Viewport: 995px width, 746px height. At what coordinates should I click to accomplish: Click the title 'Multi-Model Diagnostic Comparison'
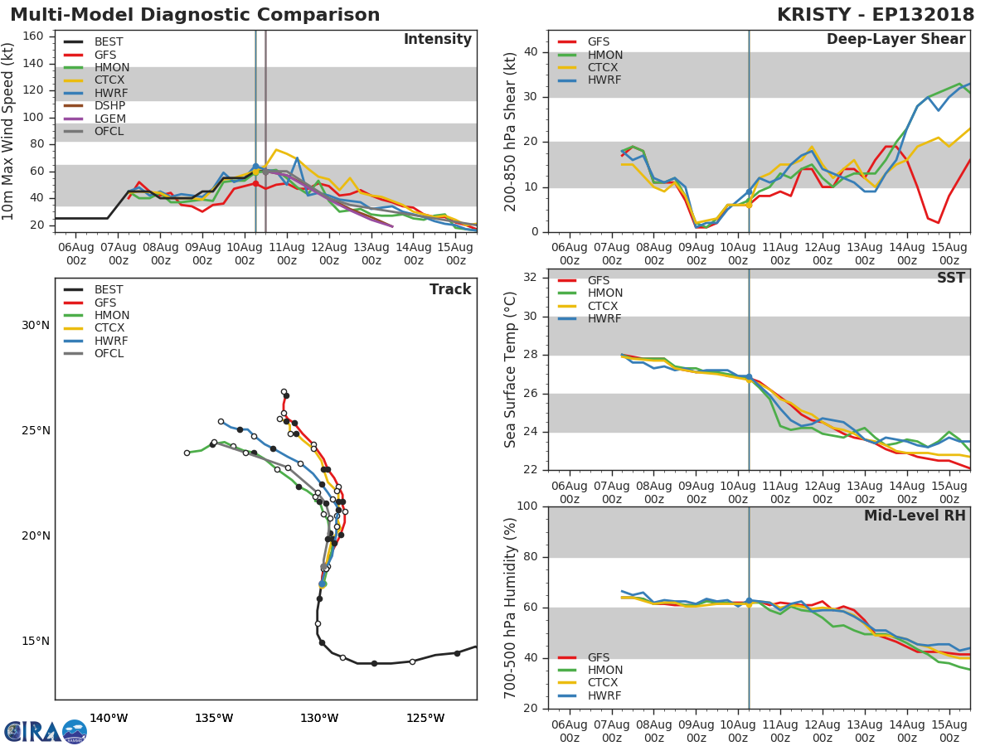click(195, 15)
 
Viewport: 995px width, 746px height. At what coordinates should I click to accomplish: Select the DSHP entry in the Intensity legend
click(109, 106)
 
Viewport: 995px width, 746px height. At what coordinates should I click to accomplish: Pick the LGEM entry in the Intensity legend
click(109, 119)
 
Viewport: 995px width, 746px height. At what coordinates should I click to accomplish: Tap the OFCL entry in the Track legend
click(109, 354)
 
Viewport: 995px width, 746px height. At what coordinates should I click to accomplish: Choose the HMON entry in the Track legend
click(112, 316)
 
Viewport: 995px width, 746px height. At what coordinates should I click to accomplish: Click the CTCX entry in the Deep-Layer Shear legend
click(604, 68)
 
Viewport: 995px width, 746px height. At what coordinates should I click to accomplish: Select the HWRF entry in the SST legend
click(604, 319)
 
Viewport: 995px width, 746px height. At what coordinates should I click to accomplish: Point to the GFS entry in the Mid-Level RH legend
click(598, 658)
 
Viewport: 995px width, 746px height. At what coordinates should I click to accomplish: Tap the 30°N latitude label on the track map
click(36, 325)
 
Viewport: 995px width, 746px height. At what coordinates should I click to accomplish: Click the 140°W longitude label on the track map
click(109, 718)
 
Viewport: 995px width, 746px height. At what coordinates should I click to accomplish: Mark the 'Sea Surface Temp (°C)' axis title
click(511, 370)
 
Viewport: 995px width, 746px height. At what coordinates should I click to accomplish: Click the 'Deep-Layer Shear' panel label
click(895, 40)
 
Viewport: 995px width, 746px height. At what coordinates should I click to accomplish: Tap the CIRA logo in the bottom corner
click(46, 732)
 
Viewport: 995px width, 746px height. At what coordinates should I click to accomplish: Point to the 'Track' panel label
click(450, 289)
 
